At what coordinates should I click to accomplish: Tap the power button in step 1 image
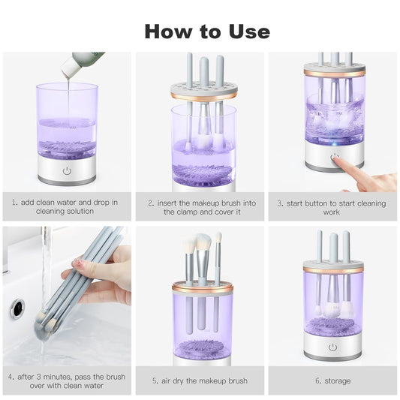pyautogui.click(x=67, y=170)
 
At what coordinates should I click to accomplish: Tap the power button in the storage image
pyautogui.click(x=332, y=347)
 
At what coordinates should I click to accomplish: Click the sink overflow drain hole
pyautogui.click(x=17, y=308)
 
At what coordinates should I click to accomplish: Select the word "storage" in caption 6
pyautogui.click(x=338, y=381)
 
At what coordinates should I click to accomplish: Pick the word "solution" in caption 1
pyautogui.click(x=79, y=211)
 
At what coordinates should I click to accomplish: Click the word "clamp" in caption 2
pyautogui.click(x=188, y=212)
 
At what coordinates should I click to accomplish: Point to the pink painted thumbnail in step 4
pyautogui.click(x=78, y=263)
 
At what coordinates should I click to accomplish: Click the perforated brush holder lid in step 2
pyautogui.click(x=204, y=91)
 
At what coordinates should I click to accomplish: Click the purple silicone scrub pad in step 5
pyautogui.click(x=201, y=347)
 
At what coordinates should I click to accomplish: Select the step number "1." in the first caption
pyautogui.click(x=15, y=203)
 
